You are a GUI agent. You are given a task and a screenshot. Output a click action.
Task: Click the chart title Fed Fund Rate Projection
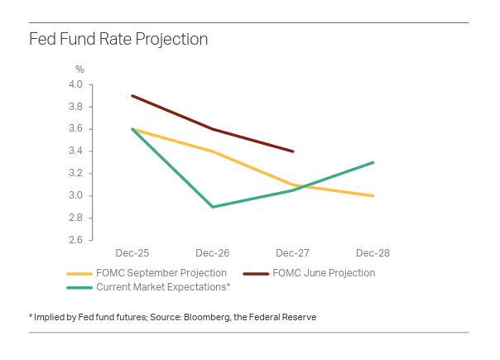point(118,39)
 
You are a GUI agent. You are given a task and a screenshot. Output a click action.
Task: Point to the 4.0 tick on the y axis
point(75,84)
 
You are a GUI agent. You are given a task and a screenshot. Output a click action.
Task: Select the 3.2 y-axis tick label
point(75,173)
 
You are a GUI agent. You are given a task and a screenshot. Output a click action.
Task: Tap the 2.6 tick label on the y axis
point(75,240)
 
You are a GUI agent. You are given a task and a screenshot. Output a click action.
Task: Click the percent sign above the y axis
point(80,69)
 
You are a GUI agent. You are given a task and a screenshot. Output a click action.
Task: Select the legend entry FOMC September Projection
point(161,273)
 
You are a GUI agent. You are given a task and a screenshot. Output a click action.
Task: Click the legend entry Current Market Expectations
point(163,287)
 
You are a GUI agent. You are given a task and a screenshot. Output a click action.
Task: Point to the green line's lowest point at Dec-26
point(213,207)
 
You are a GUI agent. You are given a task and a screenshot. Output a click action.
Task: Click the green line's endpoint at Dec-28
point(373,162)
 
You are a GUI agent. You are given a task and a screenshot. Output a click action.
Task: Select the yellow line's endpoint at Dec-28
point(373,196)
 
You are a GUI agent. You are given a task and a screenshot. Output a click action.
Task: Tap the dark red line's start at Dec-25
point(132,95)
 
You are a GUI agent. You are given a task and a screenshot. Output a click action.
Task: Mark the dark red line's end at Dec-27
point(293,151)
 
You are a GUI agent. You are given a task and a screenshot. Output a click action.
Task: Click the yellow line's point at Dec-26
point(213,151)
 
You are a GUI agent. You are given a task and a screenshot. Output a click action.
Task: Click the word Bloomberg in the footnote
point(202,317)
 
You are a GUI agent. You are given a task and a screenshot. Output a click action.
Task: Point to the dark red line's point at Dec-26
point(213,129)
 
